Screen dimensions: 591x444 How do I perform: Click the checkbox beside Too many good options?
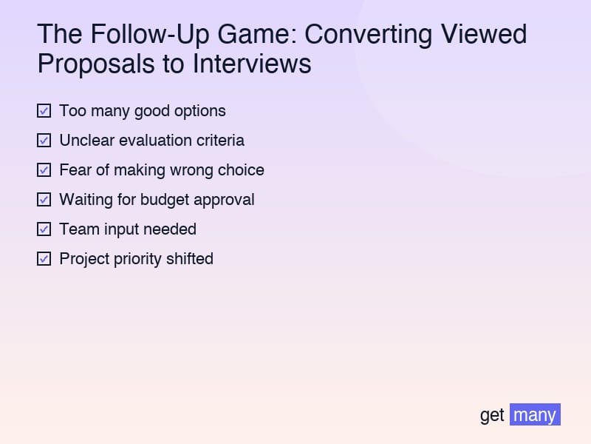click(44, 111)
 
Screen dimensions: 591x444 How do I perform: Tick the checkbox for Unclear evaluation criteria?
click(44, 141)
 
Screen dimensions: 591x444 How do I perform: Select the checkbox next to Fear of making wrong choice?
click(44, 170)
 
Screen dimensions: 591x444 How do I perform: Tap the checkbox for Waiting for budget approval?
click(44, 200)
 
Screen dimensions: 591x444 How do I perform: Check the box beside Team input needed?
click(44, 229)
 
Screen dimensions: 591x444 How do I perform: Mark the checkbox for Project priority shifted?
click(44, 259)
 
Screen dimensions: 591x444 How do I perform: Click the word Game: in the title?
click(257, 34)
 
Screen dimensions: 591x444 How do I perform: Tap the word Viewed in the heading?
click(484, 34)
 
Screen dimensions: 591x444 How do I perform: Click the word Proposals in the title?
click(96, 64)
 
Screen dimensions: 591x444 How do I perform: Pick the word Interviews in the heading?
click(252, 64)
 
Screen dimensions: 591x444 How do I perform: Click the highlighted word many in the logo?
click(535, 414)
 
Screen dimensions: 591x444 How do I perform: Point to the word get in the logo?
click(492, 416)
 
